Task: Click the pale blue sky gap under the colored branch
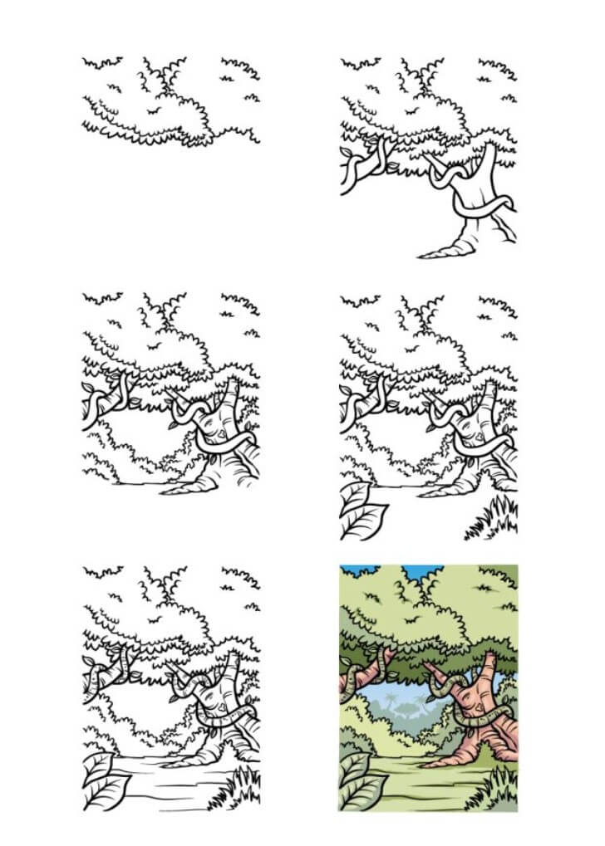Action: pyautogui.click(x=399, y=697)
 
